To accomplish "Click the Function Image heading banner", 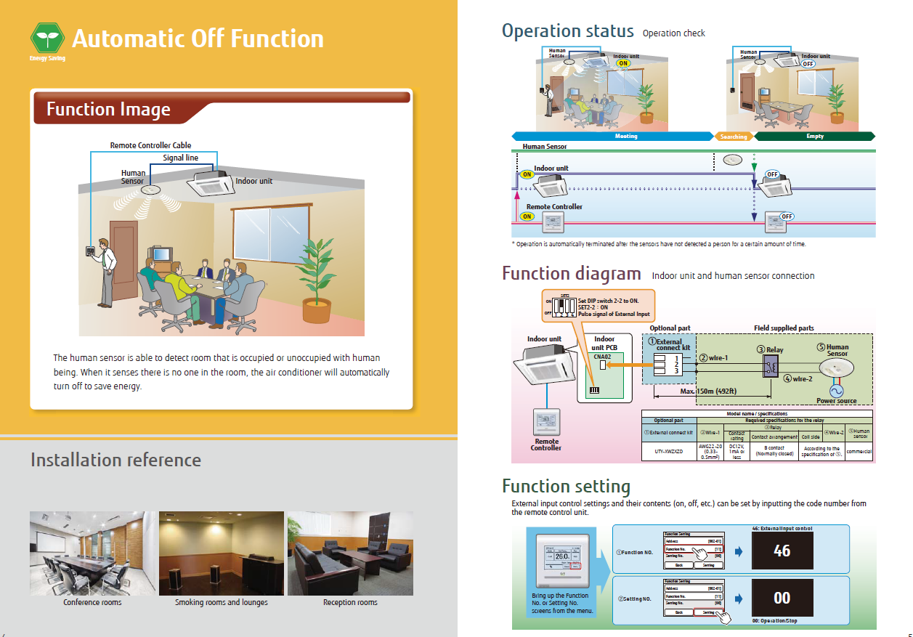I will tap(109, 110).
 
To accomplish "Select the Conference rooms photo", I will tap(93, 553).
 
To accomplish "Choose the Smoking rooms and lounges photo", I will tap(222, 553).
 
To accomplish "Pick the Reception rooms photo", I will tap(350, 553).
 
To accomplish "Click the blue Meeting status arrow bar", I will tap(614, 136).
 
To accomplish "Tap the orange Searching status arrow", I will tap(734, 136).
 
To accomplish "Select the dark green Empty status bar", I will tap(815, 136).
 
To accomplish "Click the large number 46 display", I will tap(782, 551).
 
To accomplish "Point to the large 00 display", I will tap(782, 598).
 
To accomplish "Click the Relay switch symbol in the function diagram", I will tap(770, 368).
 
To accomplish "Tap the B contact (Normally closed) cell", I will tap(775, 451).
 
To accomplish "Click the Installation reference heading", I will tap(115, 460).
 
